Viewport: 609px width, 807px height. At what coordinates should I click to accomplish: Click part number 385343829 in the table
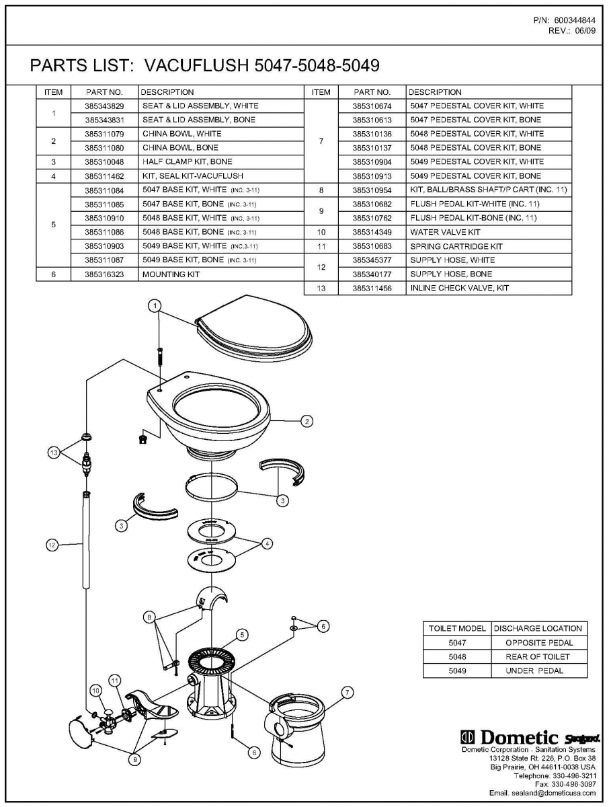tap(104, 106)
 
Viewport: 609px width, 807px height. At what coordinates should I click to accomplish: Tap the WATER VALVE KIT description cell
tap(445, 232)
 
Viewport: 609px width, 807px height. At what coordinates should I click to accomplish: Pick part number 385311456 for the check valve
tap(372, 288)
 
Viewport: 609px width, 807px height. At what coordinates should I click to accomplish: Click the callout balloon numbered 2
tap(307, 422)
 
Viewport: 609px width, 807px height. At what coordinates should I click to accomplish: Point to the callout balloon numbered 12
tap(52, 545)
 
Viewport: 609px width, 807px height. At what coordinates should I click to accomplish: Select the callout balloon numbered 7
tap(348, 693)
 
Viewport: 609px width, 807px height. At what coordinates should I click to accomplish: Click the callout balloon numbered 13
tap(54, 453)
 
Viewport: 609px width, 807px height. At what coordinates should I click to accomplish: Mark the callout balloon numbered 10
tap(95, 690)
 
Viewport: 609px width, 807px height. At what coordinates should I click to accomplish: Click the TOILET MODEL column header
tap(457, 628)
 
